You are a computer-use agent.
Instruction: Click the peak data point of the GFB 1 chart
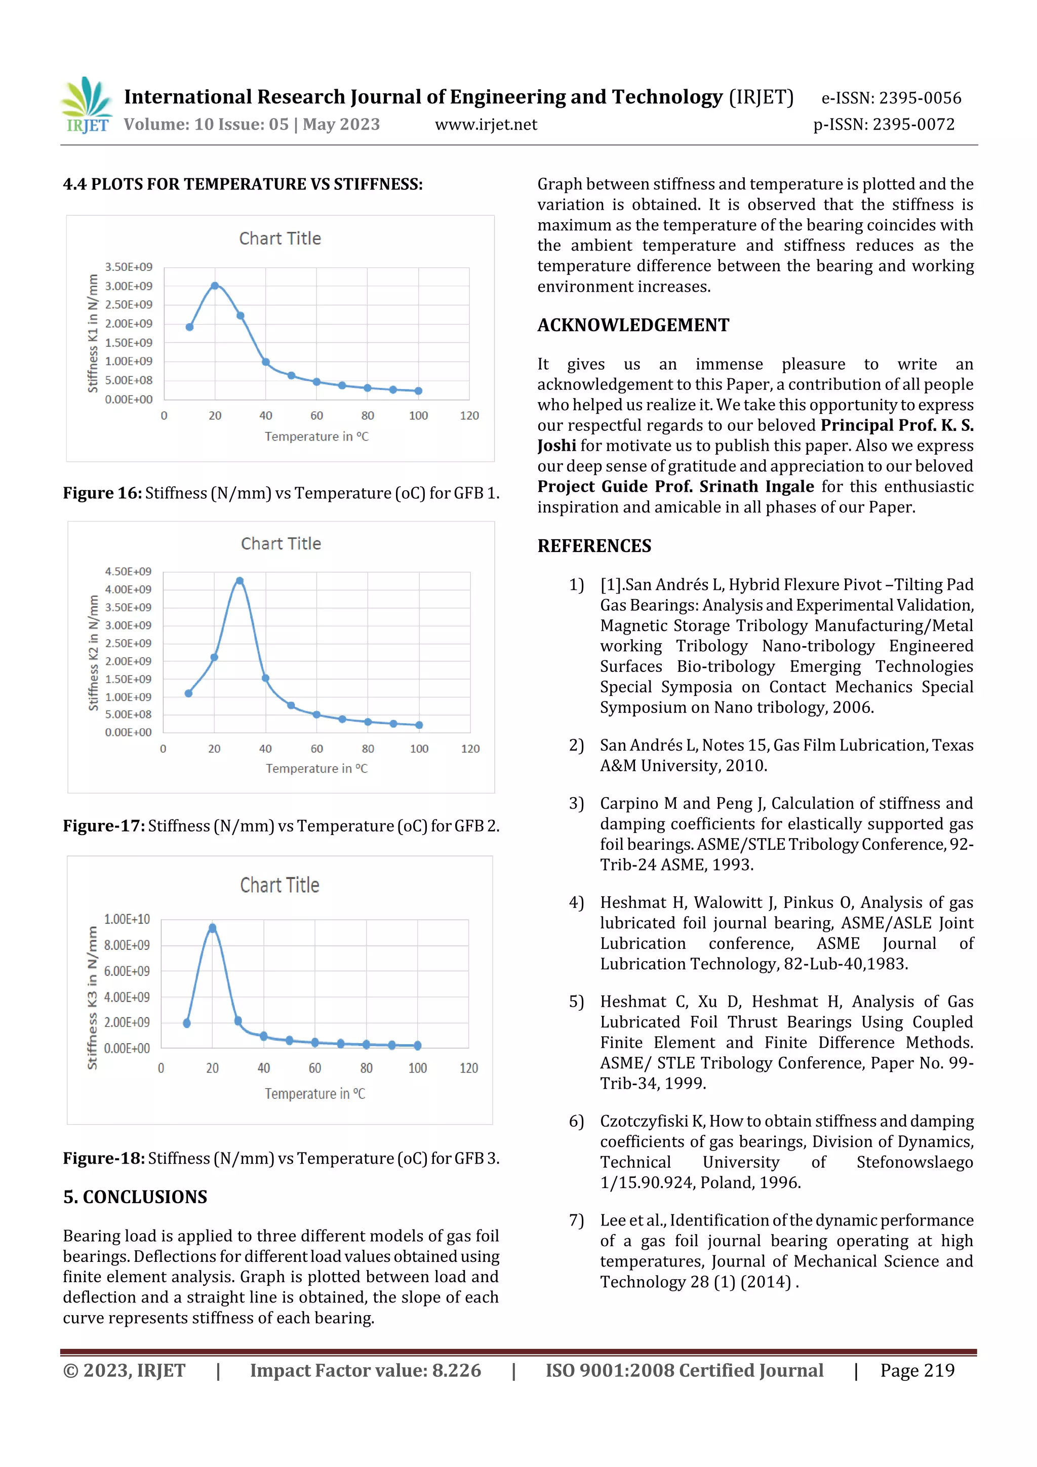pos(215,286)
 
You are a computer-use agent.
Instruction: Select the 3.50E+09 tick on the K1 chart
pos(129,267)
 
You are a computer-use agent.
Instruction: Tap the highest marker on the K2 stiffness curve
pos(240,581)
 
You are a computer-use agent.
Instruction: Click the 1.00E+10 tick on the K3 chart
pos(127,920)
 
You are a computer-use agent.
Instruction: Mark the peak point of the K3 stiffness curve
pos(212,928)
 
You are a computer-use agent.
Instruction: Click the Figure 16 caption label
pos(102,493)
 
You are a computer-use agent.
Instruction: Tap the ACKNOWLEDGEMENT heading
pos(632,325)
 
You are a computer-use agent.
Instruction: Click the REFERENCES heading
pos(594,546)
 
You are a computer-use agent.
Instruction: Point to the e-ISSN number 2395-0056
pos(920,98)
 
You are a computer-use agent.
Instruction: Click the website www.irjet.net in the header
pos(486,125)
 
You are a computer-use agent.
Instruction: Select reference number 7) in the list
pos(576,1220)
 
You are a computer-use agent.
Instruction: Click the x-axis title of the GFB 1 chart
pos(316,437)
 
